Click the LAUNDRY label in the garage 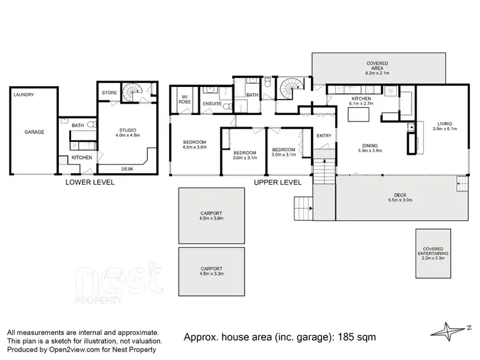tap(24, 95)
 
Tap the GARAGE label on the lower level tap(35, 132)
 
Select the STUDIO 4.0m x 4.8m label tap(127, 132)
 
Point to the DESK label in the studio tap(128, 169)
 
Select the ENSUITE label tap(212, 104)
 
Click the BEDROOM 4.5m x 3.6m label tap(195, 144)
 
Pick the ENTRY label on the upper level tap(324, 135)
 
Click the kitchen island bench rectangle tap(360, 114)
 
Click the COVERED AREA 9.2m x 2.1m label tap(377, 67)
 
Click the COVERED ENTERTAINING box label tap(433, 253)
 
